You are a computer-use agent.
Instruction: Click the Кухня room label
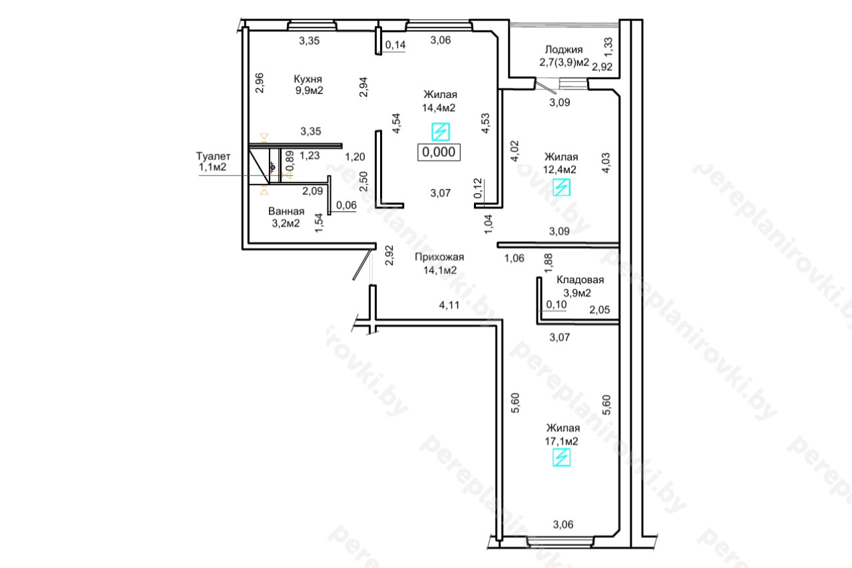pyautogui.click(x=308, y=79)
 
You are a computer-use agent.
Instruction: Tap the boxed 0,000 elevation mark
pyautogui.click(x=439, y=152)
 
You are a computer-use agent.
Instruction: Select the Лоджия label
pyautogui.click(x=564, y=50)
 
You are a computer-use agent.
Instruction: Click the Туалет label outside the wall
pyautogui.click(x=213, y=156)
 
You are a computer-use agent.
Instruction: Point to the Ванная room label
pyautogui.click(x=286, y=211)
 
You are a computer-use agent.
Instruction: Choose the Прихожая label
pyautogui.click(x=439, y=257)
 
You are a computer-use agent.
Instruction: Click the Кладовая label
pyautogui.click(x=580, y=280)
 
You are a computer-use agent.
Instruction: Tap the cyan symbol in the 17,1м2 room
pyautogui.click(x=561, y=457)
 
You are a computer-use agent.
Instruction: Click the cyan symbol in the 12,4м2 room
pyautogui.click(x=561, y=187)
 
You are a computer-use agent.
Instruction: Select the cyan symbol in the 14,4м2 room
pyautogui.click(x=441, y=132)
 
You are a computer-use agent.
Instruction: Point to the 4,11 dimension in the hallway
pyautogui.click(x=449, y=305)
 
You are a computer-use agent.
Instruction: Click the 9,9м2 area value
pyautogui.click(x=310, y=91)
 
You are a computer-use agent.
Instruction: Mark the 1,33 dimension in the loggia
pyautogui.click(x=608, y=47)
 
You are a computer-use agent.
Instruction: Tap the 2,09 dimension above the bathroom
pyautogui.click(x=313, y=191)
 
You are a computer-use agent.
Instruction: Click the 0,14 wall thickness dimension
pyautogui.click(x=395, y=45)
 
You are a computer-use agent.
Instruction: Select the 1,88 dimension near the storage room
pyautogui.click(x=548, y=263)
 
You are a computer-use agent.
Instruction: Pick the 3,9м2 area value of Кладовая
pyautogui.click(x=577, y=293)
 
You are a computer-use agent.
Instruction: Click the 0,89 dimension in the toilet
pyautogui.click(x=290, y=160)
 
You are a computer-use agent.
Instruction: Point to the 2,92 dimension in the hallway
pyautogui.click(x=389, y=255)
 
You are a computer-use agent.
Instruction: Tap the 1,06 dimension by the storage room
pyautogui.click(x=515, y=258)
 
